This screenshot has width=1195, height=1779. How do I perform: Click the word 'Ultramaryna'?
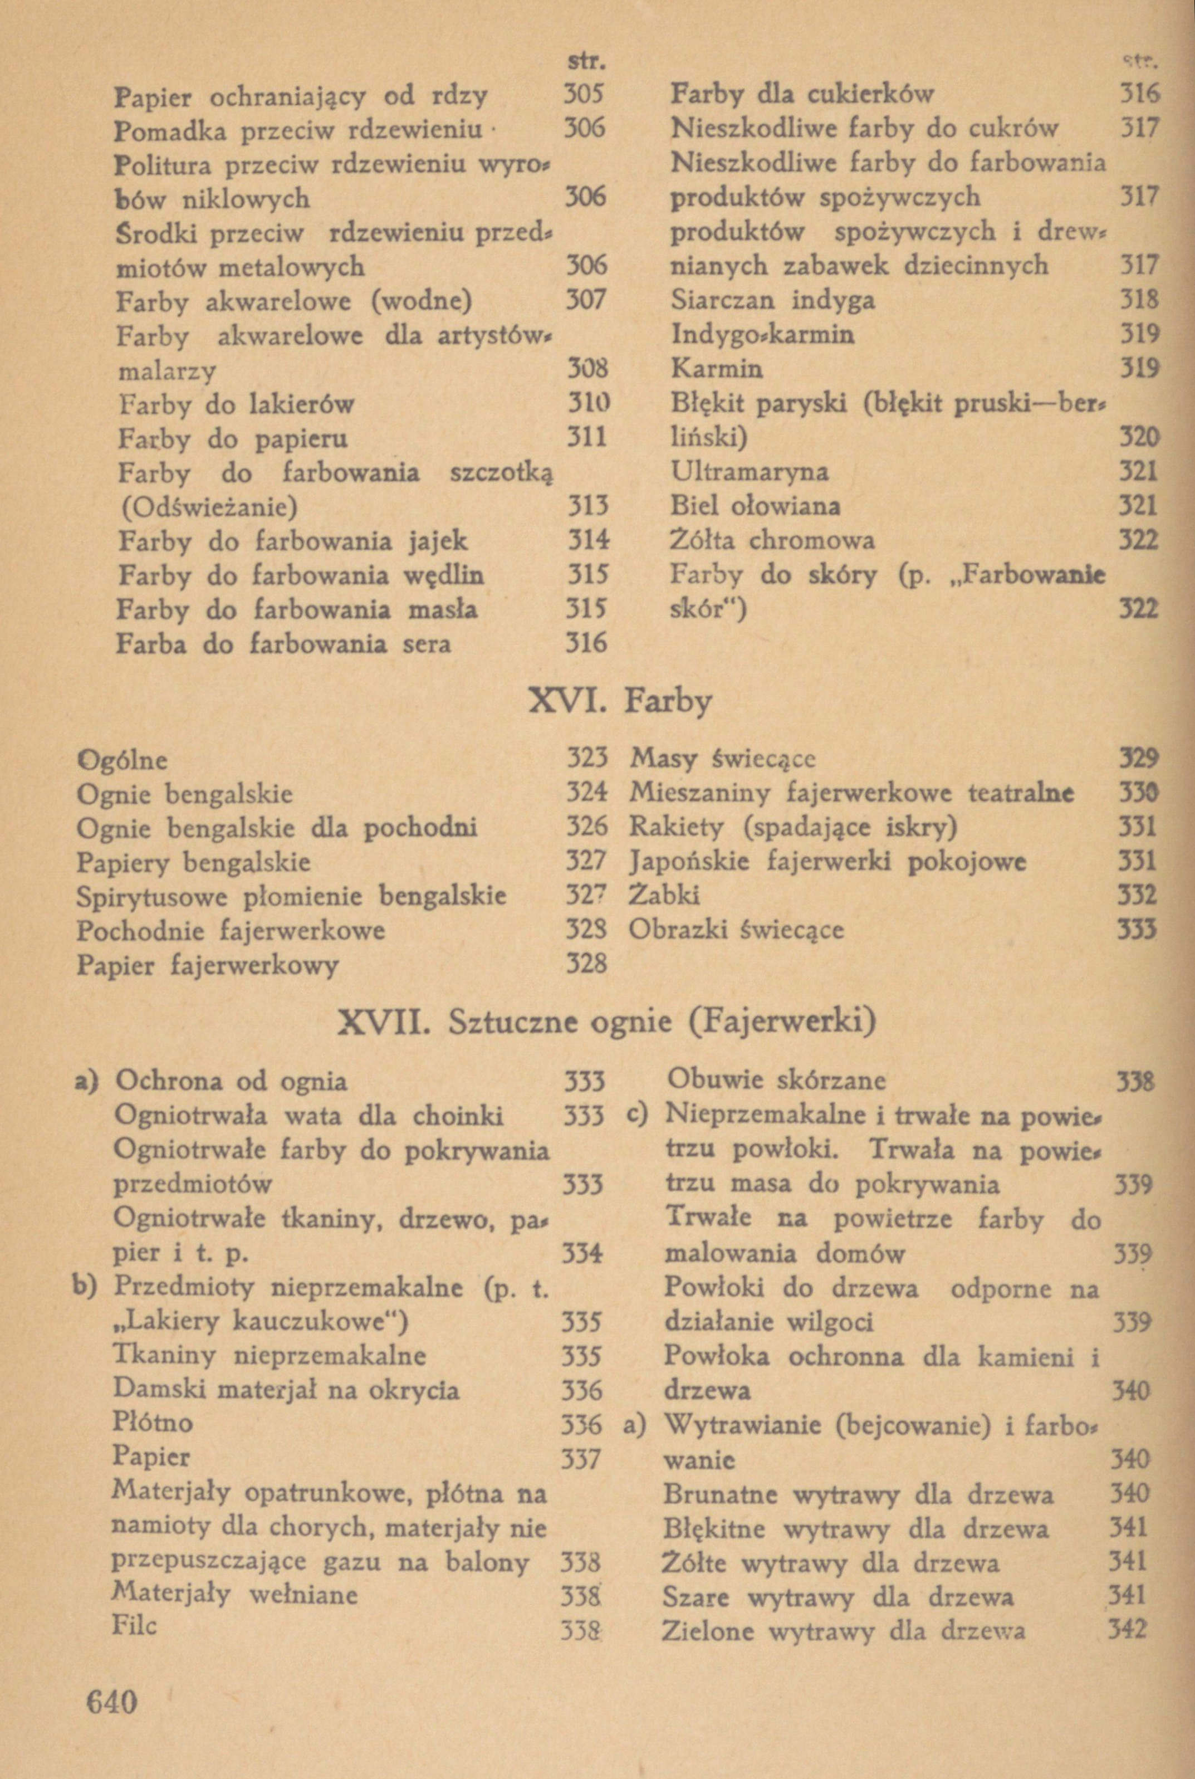(x=749, y=472)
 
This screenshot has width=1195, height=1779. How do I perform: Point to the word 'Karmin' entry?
(x=717, y=369)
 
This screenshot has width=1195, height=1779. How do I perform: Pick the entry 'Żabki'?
(x=664, y=896)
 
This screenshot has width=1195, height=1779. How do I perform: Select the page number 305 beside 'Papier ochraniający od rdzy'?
(x=583, y=95)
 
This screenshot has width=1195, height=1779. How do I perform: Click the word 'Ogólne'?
(x=122, y=760)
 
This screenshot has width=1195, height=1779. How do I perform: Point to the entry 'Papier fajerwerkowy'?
(x=207, y=966)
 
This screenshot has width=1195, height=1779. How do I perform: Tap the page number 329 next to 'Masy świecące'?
(x=1137, y=759)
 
